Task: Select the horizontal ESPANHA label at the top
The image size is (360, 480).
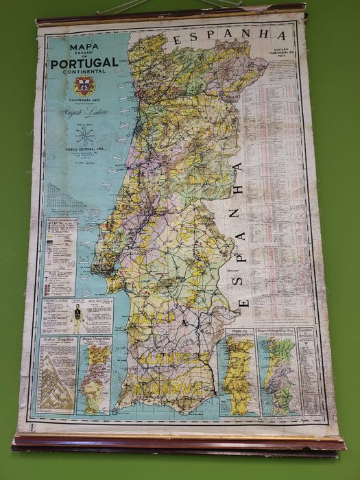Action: (x=228, y=36)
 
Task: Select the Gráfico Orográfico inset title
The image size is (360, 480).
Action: (x=57, y=339)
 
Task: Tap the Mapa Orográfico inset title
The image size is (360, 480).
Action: (x=95, y=339)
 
